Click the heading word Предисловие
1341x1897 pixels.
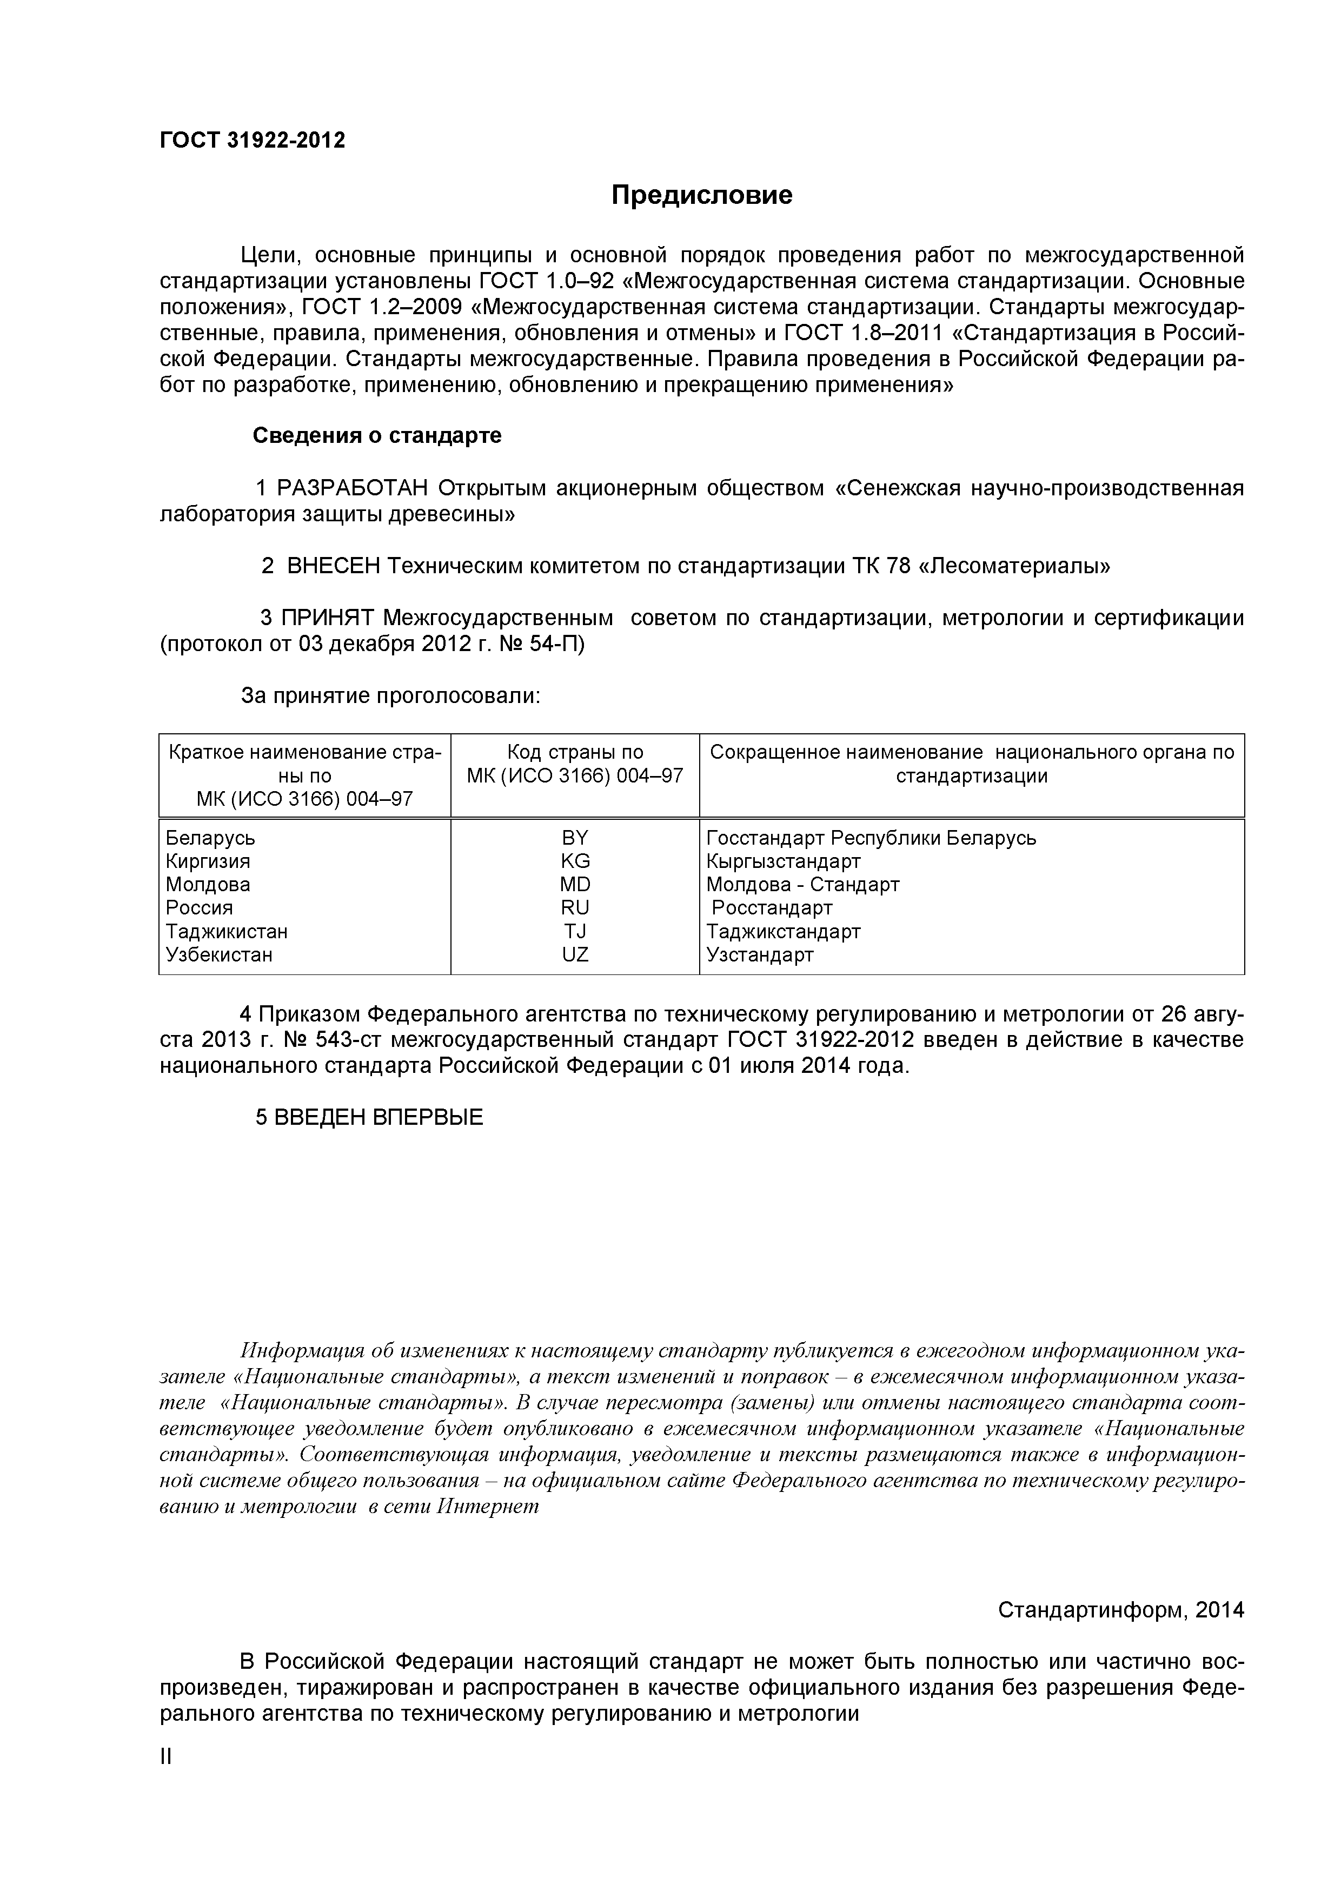(701, 195)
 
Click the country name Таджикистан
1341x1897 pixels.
(227, 931)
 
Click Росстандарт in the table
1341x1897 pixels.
(772, 908)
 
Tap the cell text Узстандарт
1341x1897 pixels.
(759, 954)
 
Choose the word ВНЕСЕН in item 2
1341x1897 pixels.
(334, 566)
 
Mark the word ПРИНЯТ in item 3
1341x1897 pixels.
(328, 618)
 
